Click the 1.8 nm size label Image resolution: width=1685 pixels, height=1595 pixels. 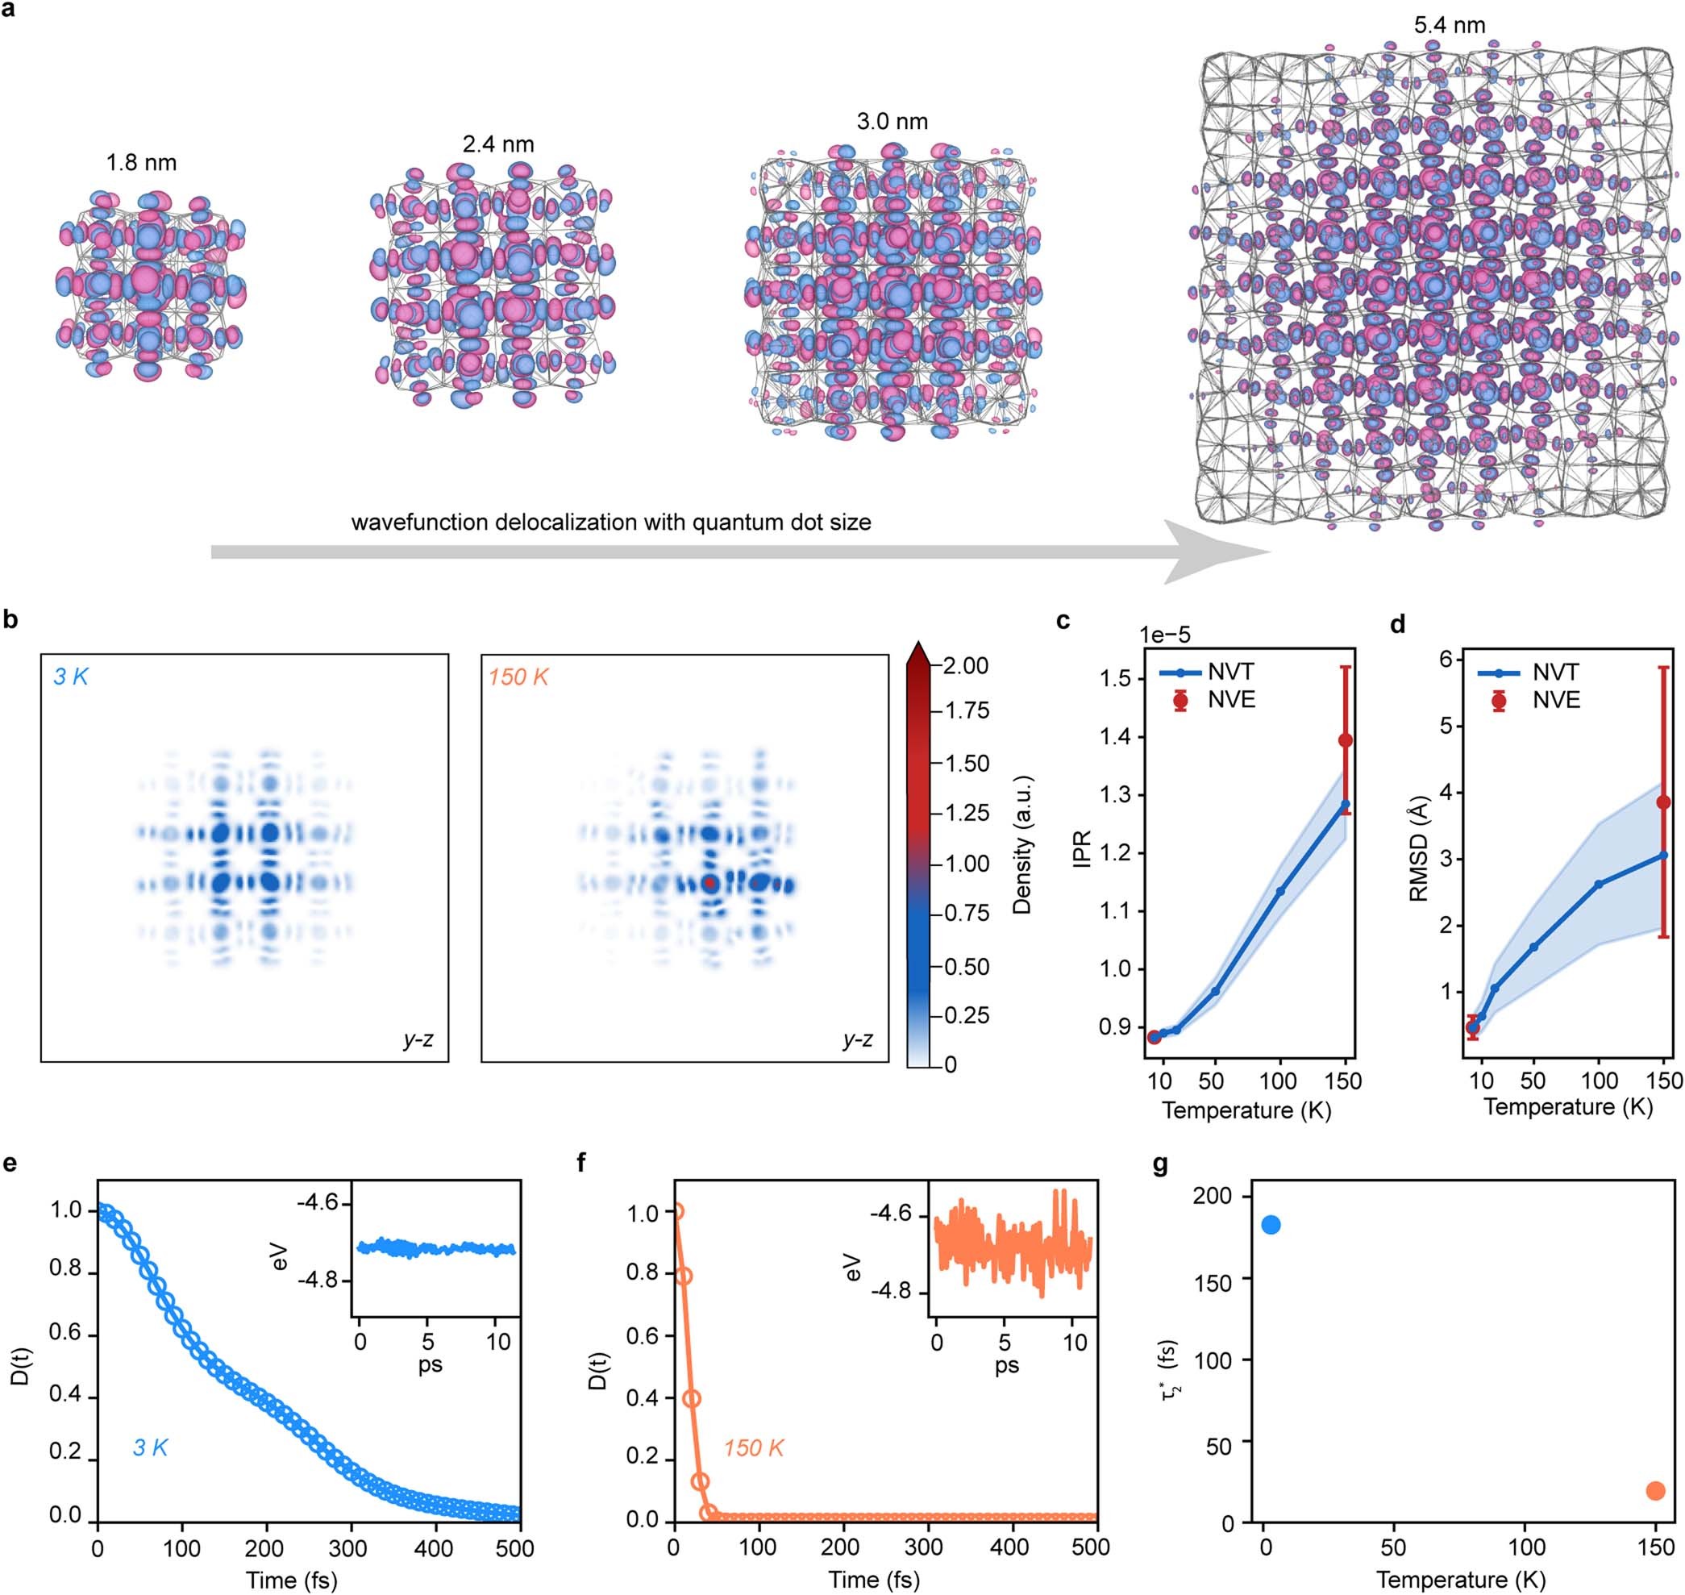[x=141, y=162]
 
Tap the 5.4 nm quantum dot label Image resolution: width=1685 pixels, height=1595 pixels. [x=1450, y=25]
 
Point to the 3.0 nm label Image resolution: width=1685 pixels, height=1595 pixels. [x=892, y=122]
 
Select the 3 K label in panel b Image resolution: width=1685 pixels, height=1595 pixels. [x=71, y=677]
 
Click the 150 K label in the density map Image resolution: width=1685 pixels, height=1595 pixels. [x=518, y=677]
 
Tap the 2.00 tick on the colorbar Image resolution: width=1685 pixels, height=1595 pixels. [x=965, y=665]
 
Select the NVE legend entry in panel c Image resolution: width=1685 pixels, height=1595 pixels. [x=1230, y=700]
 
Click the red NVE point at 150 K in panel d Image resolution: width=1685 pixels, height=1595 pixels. [x=1663, y=802]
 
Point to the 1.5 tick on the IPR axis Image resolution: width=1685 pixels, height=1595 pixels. [x=1114, y=678]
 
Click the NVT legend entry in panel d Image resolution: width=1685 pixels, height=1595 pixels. [x=1555, y=673]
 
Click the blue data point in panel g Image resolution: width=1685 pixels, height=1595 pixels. [x=1271, y=1224]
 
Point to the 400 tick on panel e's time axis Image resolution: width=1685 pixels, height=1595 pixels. [x=433, y=1547]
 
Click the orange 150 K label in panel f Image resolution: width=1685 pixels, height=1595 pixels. [x=753, y=1448]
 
